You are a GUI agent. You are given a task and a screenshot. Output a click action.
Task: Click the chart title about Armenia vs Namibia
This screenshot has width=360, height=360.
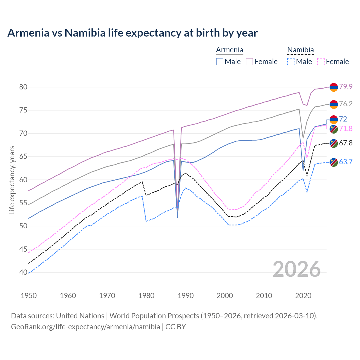pos(132,33)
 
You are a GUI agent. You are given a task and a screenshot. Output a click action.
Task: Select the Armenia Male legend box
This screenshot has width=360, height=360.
pos(220,62)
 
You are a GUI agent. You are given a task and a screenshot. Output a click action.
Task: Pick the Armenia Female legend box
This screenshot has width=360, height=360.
pos(249,62)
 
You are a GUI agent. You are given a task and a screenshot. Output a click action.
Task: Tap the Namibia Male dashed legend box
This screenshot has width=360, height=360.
pos(291,62)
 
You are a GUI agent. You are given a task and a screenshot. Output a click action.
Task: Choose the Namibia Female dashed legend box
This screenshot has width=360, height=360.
pos(321,62)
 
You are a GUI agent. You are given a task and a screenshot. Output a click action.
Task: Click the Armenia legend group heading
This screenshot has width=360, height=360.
pos(229,50)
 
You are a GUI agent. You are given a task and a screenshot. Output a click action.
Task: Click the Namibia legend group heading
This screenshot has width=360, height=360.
pos(300,50)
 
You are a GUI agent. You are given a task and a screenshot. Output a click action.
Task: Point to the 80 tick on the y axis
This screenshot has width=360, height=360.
pos(23,87)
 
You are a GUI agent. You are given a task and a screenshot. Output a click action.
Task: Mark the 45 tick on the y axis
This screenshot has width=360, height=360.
pos(23,249)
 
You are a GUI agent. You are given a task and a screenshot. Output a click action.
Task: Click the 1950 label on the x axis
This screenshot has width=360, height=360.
pos(29,296)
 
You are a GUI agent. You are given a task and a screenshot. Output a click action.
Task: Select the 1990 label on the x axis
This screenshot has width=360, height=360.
pos(186,296)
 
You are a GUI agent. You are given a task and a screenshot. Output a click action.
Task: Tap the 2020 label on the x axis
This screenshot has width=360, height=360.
pos(303,296)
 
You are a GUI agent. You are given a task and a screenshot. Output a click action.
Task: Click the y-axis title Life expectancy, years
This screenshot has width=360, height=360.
pos(12,180)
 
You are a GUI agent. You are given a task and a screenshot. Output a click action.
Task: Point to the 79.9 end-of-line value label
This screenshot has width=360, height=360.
pos(346,87)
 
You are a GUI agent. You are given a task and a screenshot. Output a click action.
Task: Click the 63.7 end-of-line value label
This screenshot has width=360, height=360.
pos(346,162)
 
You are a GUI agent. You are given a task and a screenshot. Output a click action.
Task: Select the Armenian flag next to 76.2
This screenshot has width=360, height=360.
pos(334,104)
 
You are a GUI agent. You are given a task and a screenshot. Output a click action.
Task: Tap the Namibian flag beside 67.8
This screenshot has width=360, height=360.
pos(334,143)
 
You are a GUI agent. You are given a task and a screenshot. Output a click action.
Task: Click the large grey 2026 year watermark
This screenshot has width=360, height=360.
pos(297,269)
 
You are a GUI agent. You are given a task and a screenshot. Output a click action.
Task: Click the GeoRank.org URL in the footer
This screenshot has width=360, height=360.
pos(85,327)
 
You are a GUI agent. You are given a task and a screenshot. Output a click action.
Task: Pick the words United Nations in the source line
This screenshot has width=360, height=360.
pos(80,316)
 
